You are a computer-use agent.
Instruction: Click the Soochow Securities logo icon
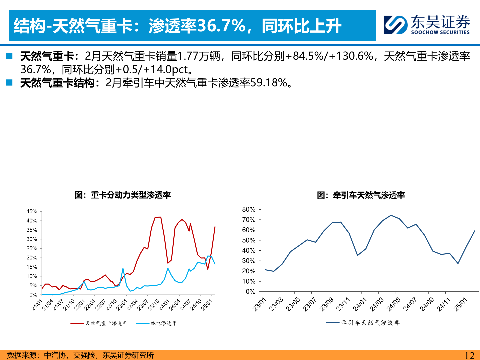pos(395,25)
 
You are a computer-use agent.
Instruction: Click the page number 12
pos(469,355)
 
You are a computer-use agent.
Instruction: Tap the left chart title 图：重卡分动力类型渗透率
pos(123,195)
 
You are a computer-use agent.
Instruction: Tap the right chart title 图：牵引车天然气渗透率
pos(361,195)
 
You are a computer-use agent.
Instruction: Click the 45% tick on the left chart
pos(32,212)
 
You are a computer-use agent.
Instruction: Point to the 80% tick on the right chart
pos(248,210)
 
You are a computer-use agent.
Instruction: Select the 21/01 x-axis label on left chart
pos(37,305)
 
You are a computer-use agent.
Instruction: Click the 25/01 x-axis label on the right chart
pos(460,304)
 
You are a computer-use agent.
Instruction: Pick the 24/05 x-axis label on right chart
pos(393,304)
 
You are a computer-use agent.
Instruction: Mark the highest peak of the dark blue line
pos(391,215)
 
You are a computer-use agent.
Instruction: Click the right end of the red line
pos(215,227)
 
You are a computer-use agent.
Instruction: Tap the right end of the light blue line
pos(215,264)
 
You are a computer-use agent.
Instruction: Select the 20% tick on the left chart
pos(32,258)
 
